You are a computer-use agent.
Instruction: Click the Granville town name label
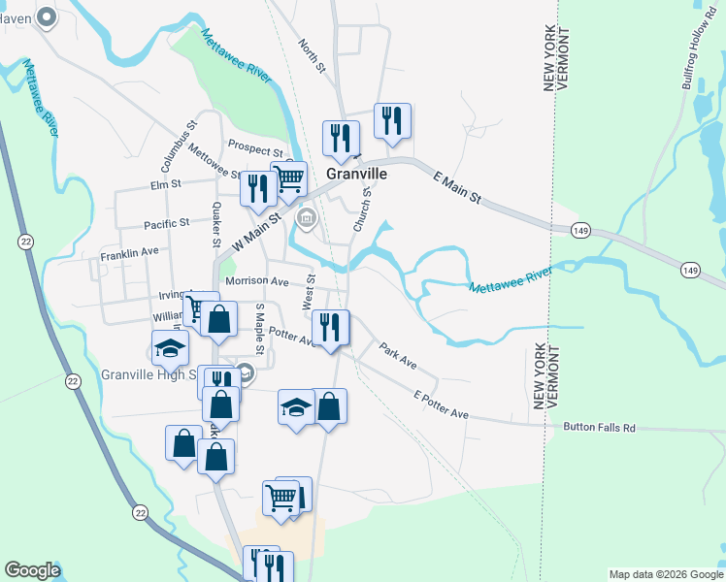coord(356,174)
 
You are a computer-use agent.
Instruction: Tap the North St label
coord(310,57)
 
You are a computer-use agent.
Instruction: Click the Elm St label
coord(166,182)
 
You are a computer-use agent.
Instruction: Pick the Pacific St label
coord(166,224)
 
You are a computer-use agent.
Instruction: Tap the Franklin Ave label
coord(129,255)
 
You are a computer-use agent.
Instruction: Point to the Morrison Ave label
coord(257,281)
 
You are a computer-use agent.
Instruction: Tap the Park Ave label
coord(398,356)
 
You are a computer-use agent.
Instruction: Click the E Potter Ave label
coord(441,405)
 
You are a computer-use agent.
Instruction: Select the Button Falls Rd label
coord(602,427)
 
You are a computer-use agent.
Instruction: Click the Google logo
coord(32,570)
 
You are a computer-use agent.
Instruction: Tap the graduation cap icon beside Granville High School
coord(170,347)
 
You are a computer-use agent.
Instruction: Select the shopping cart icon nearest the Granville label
coord(288,178)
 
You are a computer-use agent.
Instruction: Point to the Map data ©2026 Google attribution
coord(665,574)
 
